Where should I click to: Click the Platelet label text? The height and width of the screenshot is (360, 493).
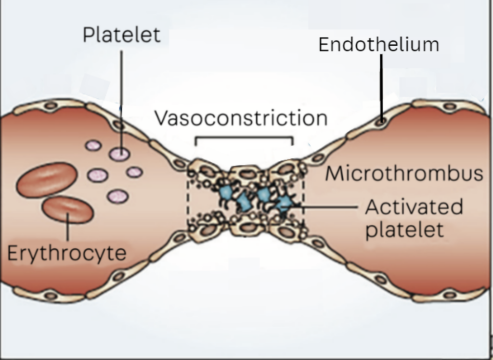(121, 35)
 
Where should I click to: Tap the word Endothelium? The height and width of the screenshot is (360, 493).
(378, 45)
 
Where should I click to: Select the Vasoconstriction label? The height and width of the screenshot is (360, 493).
(241, 118)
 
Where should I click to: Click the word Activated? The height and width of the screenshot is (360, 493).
(414, 207)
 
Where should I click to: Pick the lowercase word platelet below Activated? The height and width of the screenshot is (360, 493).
(404, 230)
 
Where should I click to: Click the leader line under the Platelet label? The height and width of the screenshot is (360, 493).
(121, 96)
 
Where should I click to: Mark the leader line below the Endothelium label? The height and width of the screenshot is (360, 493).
(381, 87)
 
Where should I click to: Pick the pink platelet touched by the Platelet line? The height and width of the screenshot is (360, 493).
(119, 154)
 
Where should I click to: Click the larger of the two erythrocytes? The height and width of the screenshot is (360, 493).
(47, 180)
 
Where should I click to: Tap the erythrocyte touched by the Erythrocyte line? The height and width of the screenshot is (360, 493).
(67, 209)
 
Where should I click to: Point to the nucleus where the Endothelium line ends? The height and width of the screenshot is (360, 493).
(381, 122)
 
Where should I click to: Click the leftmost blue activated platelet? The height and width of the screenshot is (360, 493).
(225, 193)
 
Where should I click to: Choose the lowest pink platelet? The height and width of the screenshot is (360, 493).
(117, 196)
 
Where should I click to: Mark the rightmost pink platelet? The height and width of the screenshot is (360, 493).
(134, 172)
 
